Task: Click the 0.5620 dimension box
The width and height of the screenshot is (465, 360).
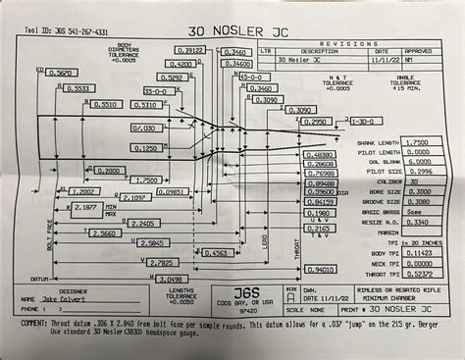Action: coord(60,73)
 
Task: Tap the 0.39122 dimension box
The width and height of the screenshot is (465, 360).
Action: coord(190,49)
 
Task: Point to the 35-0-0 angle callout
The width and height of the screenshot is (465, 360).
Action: coord(228,76)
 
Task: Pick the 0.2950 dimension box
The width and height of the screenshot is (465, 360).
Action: coord(313,123)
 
